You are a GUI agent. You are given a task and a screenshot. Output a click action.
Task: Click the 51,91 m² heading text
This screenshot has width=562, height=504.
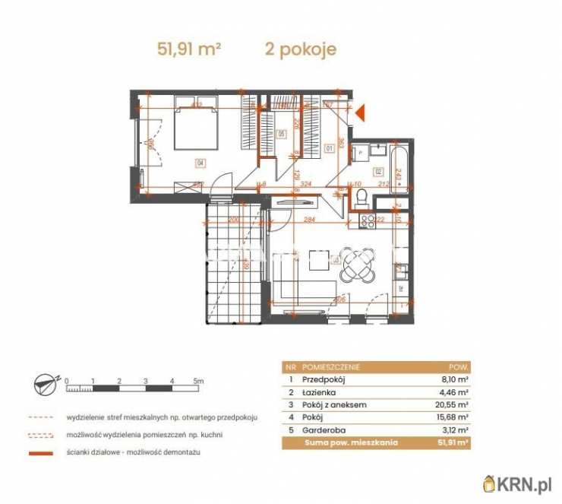(x=189, y=50)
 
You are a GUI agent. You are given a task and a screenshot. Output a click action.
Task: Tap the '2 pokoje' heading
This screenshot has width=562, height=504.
(x=300, y=50)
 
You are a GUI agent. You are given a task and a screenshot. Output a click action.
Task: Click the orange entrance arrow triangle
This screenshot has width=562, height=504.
(x=362, y=113)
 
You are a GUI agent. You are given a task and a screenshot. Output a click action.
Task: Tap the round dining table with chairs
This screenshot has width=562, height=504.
(x=357, y=264)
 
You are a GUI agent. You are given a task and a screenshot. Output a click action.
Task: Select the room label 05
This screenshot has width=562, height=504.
(x=281, y=134)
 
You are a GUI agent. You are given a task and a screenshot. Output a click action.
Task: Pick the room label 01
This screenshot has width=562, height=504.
(x=329, y=148)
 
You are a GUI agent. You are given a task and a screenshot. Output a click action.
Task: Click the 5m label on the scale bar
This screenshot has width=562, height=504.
(x=198, y=379)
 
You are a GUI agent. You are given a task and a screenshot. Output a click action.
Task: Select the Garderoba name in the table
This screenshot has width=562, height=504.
(x=324, y=430)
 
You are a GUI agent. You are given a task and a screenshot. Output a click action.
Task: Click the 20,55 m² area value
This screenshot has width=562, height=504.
(x=456, y=404)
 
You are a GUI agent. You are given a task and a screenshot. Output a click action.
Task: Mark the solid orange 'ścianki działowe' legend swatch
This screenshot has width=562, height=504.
(x=41, y=452)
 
